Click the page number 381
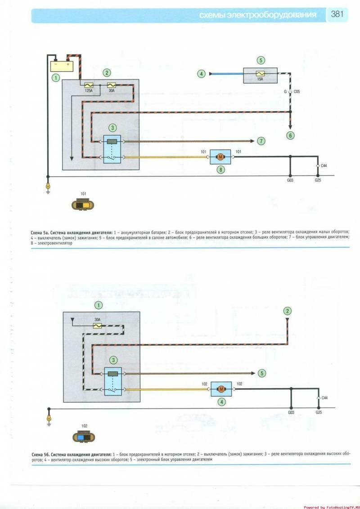337,14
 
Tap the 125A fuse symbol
89,85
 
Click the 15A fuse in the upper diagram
260,73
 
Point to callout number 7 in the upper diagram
261,141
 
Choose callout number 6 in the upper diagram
291,135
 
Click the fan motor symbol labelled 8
220,157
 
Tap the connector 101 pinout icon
83,205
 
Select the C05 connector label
297,91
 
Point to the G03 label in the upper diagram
291,181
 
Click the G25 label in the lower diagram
319,412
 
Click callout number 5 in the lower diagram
262,373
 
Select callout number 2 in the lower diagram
288,311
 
